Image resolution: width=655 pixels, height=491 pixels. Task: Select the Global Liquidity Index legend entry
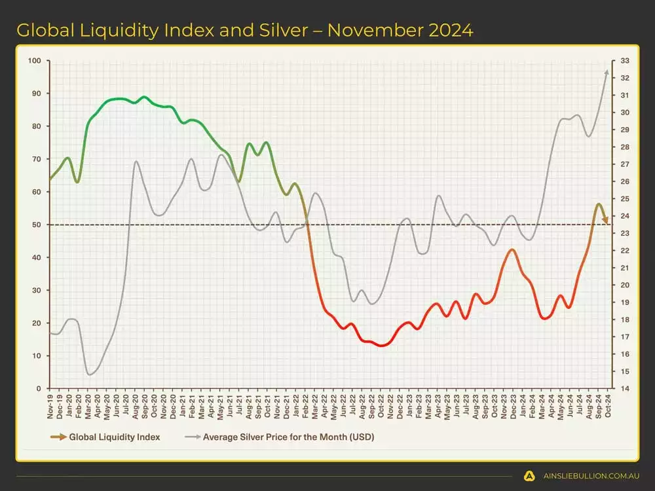[x=114, y=437]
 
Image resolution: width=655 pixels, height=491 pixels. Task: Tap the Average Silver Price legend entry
[x=288, y=437]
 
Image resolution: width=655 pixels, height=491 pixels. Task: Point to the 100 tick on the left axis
[x=35, y=61]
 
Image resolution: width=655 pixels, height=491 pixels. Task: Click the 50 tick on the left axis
[x=37, y=225]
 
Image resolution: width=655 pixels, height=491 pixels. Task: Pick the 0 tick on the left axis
[x=39, y=388]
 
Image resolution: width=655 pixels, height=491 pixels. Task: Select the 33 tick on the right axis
[x=624, y=61]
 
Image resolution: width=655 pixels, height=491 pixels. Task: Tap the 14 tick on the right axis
[x=624, y=388]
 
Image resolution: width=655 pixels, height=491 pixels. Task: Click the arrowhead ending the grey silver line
[x=607, y=73]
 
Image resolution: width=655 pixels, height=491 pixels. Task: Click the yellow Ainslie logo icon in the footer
[x=529, y=476]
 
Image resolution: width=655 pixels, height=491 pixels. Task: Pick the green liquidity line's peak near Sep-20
[x=144, y=97]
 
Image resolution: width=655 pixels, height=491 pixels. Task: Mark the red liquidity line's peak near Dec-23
[x=513, y=249]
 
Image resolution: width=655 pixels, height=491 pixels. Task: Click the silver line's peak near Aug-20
[x=136, y=161]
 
